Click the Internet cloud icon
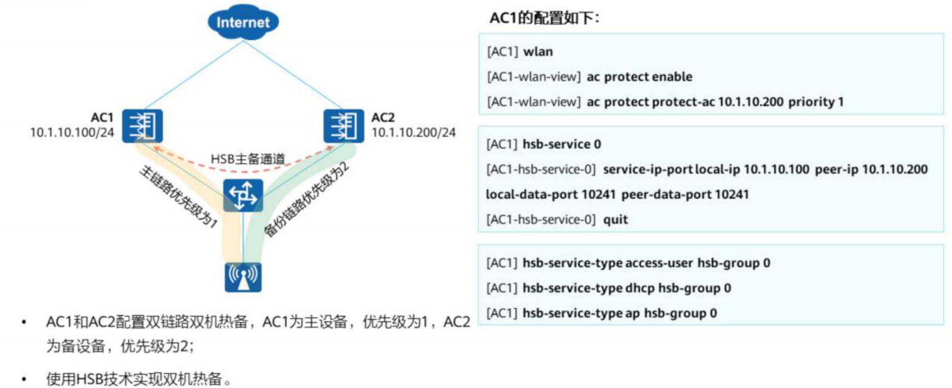(x=243, y=22)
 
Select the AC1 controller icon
(x=143, y=126)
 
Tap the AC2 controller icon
(x=344, y=126)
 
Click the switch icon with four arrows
(x=243, y=196)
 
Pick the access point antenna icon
(x=243, y=278)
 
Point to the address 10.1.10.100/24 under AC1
(x=72, y=133)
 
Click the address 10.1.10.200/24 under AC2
(x=413, y=133)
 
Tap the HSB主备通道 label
(x=248, y=159)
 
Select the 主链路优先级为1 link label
(x=178, y=196)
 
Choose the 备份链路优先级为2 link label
(x=307, y=199)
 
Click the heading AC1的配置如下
(x=545, y=19)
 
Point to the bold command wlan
(x=538, y=51)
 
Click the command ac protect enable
(x=639, y=76)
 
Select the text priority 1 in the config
(x=816, y=101)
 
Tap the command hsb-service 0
(x=562, y=144)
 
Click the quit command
(x=616, y=220)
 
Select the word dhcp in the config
(x=639, y=288)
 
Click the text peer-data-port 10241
(x=685, y=195)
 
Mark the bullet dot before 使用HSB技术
(x=24, y=378)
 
